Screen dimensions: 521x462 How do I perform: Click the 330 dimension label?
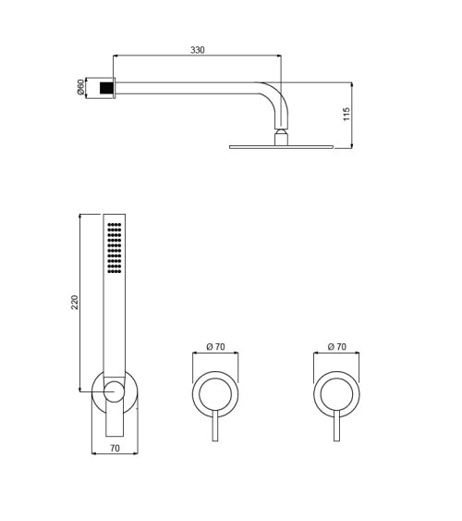[x=198, y=50]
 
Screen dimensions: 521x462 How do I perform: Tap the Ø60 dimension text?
[x=81, y=88]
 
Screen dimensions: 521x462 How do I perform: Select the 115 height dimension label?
[x=346, y=114]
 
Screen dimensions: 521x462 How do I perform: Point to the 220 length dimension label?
[x=74, y=302]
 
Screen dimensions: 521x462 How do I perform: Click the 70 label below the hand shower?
[x=115, y=448]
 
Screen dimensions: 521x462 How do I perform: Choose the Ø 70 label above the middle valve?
[x=215, y=346]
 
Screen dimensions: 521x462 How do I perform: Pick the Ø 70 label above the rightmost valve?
[x=336, y=346]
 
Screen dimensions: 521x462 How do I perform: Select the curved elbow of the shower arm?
[x=273, y=97]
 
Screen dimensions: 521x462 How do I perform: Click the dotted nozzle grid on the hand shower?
[x=115, y=247]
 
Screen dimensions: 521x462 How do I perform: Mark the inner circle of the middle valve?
[x=215, y=393]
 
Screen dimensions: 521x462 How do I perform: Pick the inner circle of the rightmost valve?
[x=336, y=393]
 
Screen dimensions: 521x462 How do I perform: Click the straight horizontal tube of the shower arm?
[x=185, y=88]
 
